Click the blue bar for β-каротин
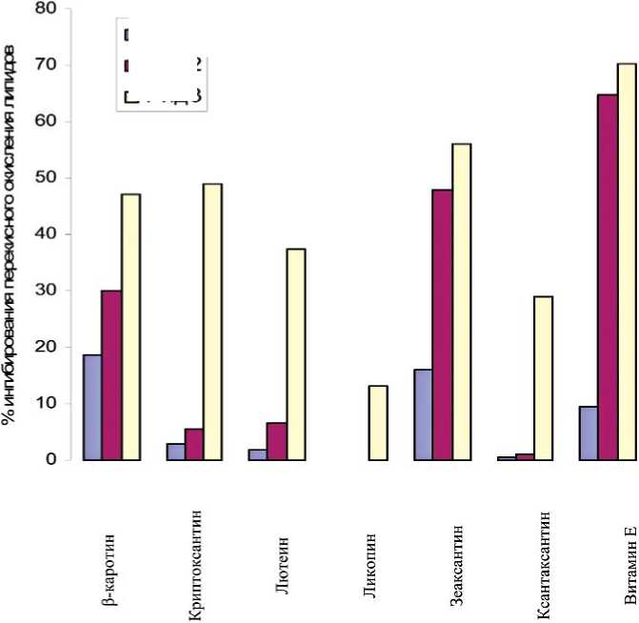point(92,407)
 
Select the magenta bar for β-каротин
point(111,374)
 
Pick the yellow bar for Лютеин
point(296,353)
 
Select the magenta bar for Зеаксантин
point(442,324)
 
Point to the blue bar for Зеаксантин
point(423,413)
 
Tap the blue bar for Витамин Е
point(589,432)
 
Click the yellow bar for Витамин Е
point(627,261)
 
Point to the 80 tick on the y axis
point(45,9)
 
